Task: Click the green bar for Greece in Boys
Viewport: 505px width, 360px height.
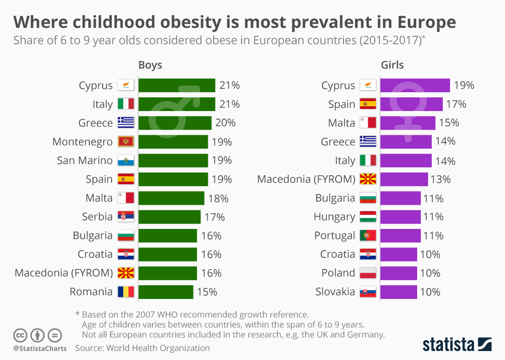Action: pyautogui.click(x=175, y=123)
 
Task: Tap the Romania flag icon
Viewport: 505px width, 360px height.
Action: pyautogui.click(x=126, y=292)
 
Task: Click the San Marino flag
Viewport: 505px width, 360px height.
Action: pyautogui.click(x=126, y=161)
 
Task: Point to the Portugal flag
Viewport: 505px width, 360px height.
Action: pyautogui.click(x=368, y=235)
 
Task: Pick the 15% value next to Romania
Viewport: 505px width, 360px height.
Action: pyautogui.click(x=207, y=292)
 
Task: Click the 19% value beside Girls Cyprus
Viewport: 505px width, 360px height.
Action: pyautogui.click(x=463, y=85)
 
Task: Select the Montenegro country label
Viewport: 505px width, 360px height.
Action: pyautogui.click(x=83, y=142)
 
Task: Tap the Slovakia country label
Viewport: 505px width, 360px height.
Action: pyautogui.click(x=335, y=292)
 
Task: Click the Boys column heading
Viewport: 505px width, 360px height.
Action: pyautogui.click(x=150, y=65)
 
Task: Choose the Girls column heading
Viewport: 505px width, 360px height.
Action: pyautogui.click(x=392, y=65)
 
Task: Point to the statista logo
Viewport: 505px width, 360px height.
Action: pyautogui.click(x=457, y=344)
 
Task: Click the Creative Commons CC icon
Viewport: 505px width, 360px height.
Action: pyautogui.click(x=21, y=335)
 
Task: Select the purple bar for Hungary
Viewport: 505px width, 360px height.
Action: pyautogui.click(x=400, y=217)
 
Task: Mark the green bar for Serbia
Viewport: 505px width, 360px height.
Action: pyautogui.click(x=169, y=217)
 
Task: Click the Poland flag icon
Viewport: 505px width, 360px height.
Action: pyautogui.click(x=368, y=273)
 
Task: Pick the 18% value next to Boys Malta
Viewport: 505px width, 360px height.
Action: pyautogui.click(x=218, y=198)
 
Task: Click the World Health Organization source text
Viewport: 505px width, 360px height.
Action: pyautogui.click(x=157, y=348)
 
